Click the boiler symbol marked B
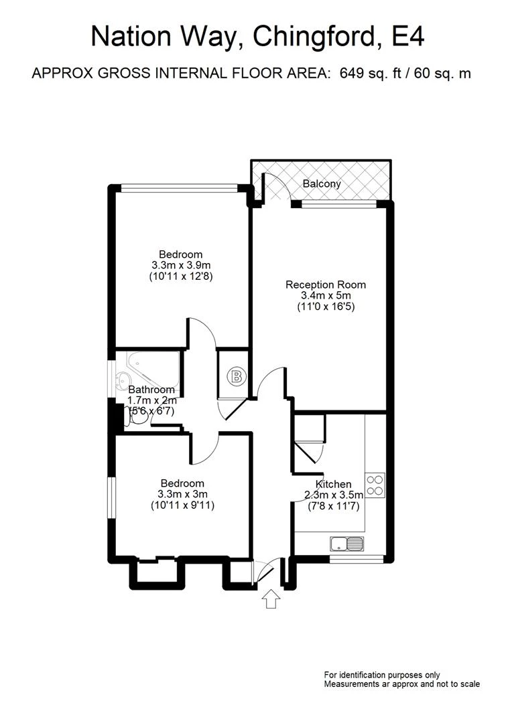236,376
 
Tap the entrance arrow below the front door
271,598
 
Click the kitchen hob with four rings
375,484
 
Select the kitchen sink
346,543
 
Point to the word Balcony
322,183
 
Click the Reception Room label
326,285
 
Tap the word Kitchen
334,484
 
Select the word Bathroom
151,390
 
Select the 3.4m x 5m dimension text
326,296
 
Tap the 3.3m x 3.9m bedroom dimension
180,265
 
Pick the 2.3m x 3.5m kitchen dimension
333,495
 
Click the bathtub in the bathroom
151,365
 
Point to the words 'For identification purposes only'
382,675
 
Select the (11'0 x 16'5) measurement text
326,307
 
